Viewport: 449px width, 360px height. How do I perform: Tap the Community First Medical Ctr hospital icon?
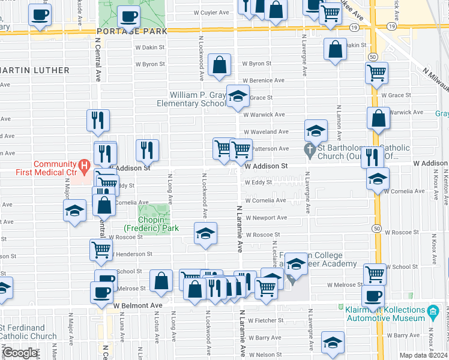(x=85, y=164)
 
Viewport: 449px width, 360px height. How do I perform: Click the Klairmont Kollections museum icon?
(x=433, y=311)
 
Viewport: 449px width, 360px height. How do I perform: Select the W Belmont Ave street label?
(x=138, y=305)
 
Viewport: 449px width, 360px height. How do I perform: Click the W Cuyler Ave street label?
(x=212, y=12)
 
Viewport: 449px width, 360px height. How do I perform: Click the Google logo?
(x=20, y=353)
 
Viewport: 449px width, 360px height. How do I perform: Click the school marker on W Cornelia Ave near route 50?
(x=378, y=179)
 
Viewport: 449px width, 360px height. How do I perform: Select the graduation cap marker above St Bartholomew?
(x=316, y=131)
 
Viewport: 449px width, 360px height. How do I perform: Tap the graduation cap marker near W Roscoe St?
(x=205, y=233)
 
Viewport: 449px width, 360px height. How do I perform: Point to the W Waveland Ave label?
(x=265, y=131)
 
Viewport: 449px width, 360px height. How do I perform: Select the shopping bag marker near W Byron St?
(x=220, y=65)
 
